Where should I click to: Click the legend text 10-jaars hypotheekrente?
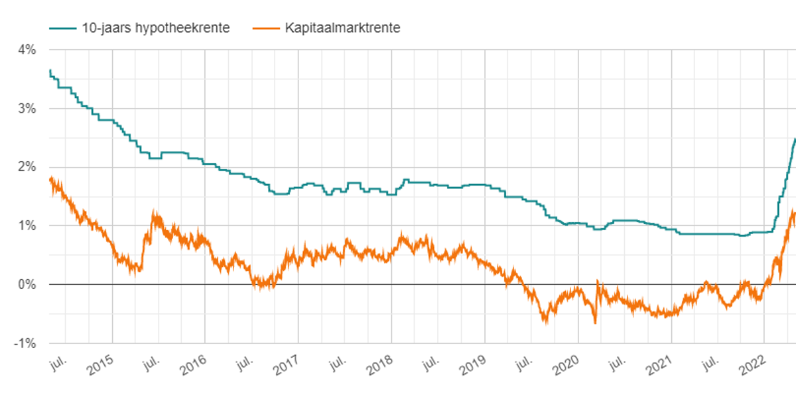(156, 28)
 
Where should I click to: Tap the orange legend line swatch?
(267, 28)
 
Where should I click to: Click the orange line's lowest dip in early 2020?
(595, 323)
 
